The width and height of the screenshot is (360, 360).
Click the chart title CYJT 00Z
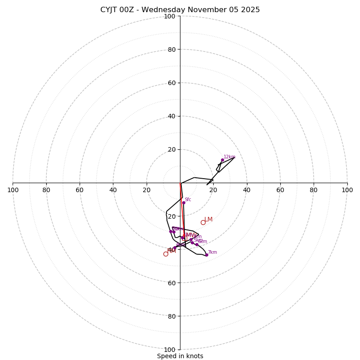pyautogui.click(x=180, y=10)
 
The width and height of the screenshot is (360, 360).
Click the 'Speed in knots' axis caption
pyautogui.click(x=180, y=356)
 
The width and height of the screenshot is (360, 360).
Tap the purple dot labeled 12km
pyautogui.click(x=222, y=160)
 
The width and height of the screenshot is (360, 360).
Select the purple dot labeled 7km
pyautogui.click(x=207, y=255)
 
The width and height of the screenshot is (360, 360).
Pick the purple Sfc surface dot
pyautogui.click(x=184, y=202)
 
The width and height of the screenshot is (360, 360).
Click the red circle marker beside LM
pyautogui.click(x=203, y=222)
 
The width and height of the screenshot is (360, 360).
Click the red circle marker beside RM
pyautogui.click(x=166, y=254)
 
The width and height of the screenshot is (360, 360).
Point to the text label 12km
pyautogui.click(x=229, y=157)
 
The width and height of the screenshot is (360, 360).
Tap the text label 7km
pyautogui.click(x=212, y=252)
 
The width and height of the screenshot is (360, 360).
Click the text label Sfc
pyautogui.click(x=188, y=199)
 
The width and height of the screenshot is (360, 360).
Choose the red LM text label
pyautogui.click(x=208, y=220)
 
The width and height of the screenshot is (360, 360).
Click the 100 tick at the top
pyautogui.click(x=170, y=16)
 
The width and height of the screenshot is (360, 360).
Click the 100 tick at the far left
pyautogui.click(x=13, y=190)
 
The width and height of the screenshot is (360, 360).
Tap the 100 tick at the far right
pyautogui.click(x=347, y=190)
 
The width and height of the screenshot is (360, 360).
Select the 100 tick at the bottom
pyautogui.click(x=170, y=350)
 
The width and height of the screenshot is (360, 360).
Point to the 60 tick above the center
pyautogui.click(x=171, y=83)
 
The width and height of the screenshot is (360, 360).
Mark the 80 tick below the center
pyautogui.click(x=171, y=316)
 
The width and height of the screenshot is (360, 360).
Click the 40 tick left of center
pyautogui.click(x=113, y=190)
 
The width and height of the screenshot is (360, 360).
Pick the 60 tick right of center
pyautogui.click(x=280, y=190)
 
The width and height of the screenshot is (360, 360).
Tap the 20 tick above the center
pyautogui.click(x=171, y=149)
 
